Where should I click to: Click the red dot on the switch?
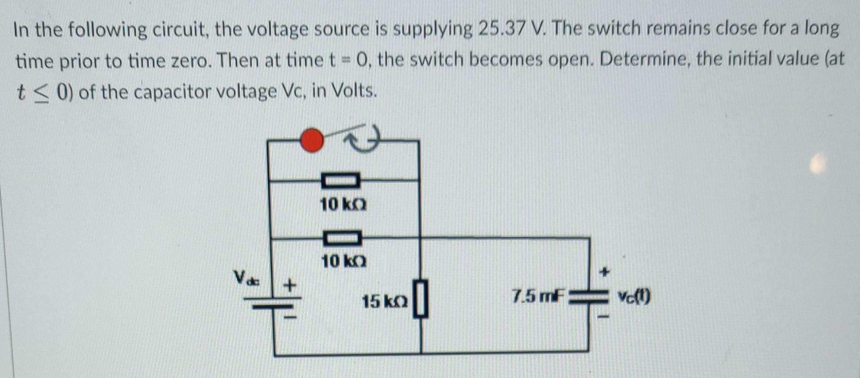(x=312, y=140)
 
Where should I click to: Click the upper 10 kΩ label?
(x=343, y=205)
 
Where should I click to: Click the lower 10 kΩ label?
(x=344, y=261)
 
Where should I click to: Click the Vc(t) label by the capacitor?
(x=634, y=296)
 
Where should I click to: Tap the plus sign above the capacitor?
(x=605, y=271)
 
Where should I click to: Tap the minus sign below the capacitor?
(x=604, y=317)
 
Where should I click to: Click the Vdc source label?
(x=245, y=278)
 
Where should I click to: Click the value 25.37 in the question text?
(x=501, y=30)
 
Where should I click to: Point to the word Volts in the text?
(x=353, y=91)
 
